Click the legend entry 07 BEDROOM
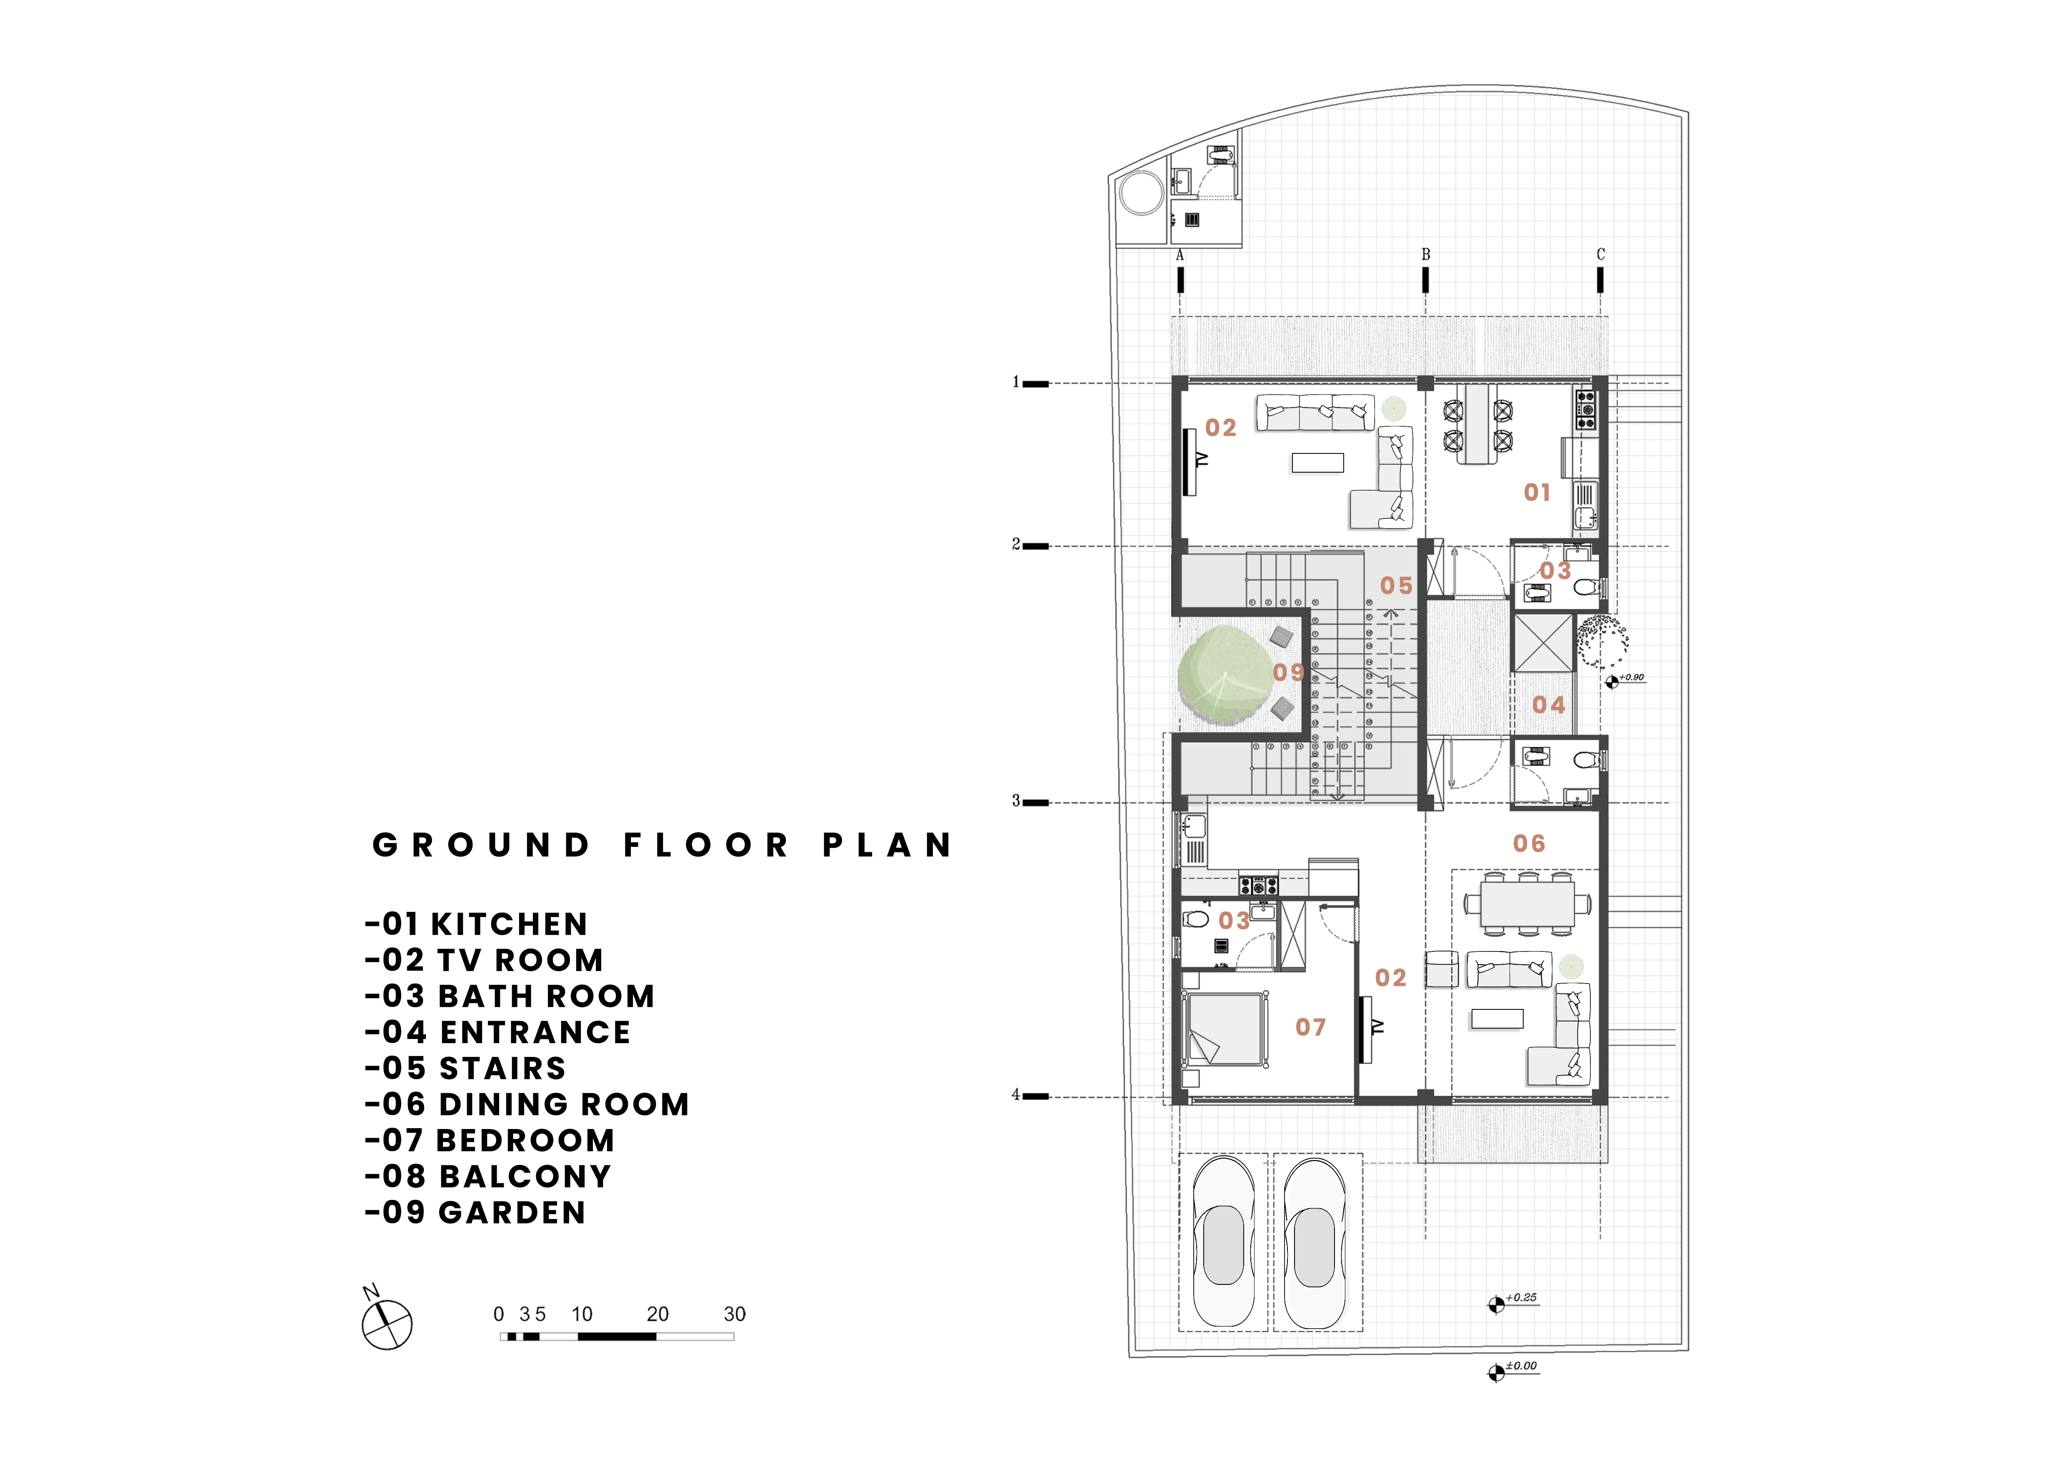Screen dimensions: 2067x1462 (490, 1141)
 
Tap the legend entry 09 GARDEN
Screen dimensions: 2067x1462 (475, 1213)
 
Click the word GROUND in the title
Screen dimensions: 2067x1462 (482, 845)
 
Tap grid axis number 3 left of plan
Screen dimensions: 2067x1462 (1015, 800)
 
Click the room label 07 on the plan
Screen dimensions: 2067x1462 (1311, 1027)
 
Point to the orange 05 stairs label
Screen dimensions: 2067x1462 (1396, 586)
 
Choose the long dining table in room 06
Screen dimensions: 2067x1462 (1528, 902)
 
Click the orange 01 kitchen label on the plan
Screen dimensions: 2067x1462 (1537, 493)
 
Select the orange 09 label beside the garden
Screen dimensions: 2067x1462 (1288, 673)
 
